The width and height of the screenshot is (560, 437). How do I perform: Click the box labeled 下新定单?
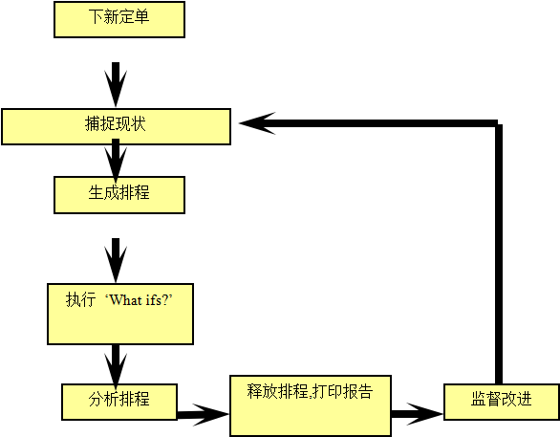coord(119,19)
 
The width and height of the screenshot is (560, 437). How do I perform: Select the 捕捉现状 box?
coord(116,126)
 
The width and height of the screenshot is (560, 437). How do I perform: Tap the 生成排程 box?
coord(119,195)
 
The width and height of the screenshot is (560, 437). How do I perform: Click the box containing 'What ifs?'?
coord(120,314)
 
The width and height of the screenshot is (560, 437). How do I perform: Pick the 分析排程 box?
coord(119,402)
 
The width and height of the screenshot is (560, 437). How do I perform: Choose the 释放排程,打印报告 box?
coord(311,405)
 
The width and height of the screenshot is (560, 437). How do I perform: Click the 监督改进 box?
coord(502,402)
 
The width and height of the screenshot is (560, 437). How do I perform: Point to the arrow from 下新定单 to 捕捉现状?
coord(116,84)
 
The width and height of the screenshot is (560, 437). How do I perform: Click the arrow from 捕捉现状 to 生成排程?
coord(116,161)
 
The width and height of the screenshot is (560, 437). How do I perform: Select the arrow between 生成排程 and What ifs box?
coord(116,260)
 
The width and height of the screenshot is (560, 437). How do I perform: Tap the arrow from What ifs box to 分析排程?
coord(116,367)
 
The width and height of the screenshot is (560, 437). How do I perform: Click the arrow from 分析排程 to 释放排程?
coord(203,414)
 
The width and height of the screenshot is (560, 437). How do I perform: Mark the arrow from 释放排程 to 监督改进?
coord(418,414)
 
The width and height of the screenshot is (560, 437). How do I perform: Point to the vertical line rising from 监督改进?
coord(499,253)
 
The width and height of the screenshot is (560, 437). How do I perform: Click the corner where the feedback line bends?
coord(499,123)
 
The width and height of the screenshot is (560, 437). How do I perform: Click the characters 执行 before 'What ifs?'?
coord(80,299)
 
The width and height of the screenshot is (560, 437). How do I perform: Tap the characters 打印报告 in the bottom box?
coord(343,391)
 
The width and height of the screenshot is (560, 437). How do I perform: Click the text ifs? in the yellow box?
coord(157,300)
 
